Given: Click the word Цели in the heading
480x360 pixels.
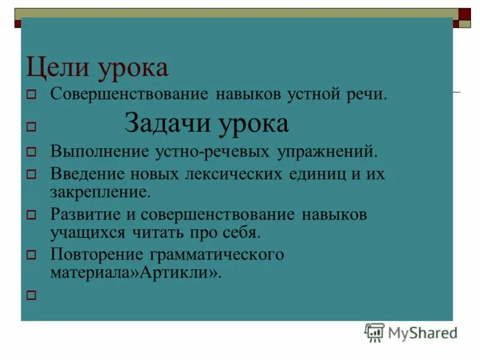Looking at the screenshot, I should pos(49,68).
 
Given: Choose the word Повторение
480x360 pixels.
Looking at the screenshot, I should pos(98,254).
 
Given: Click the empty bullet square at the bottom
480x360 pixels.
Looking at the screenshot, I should pos(32,295).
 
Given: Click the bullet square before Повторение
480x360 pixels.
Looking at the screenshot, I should pos(32,255).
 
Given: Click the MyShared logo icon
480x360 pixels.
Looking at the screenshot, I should pos(374,332).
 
